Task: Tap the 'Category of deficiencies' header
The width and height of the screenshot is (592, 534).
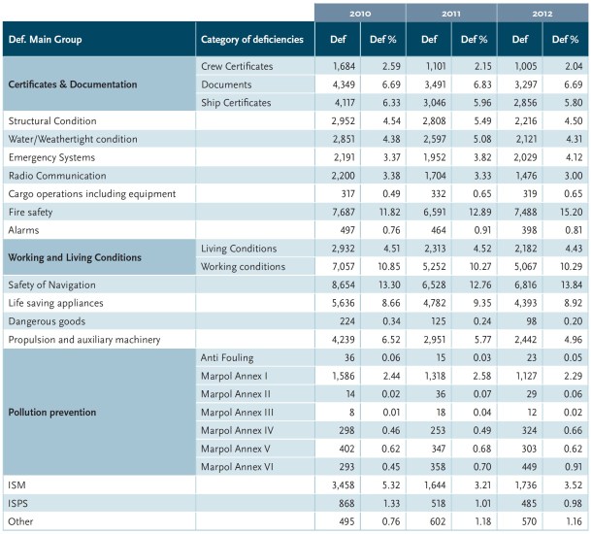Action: pyautogui.click(x=251, y=39)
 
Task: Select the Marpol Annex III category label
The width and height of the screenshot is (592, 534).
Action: pyautogui.click(x=239, y=412)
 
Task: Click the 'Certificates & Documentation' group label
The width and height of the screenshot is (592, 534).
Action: pyautogui.click(x=73, y=83)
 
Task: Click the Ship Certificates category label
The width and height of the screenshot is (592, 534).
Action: pyautogui.click(x=236, y=102)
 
